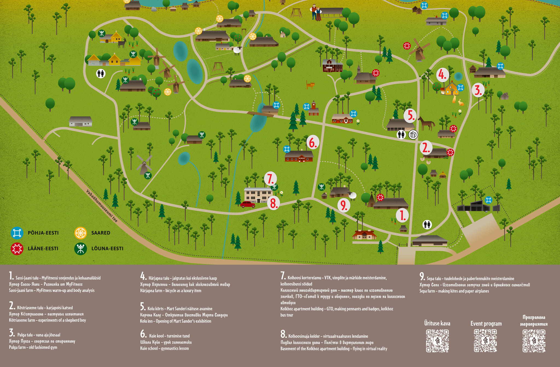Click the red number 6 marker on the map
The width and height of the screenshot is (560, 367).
coord(313,142)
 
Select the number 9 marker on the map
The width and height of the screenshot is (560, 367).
coord(344,205)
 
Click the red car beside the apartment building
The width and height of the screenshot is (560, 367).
coord(248,204)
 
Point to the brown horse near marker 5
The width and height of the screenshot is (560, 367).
coord(426,123)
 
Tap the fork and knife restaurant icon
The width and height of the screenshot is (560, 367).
coord(413,134)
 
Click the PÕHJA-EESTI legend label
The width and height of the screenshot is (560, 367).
coord(43,233)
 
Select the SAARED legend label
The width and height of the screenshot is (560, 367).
coord(101,233)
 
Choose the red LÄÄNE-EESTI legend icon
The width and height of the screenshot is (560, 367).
coord(17,248)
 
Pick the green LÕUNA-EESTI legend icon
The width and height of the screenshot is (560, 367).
coord(81,248)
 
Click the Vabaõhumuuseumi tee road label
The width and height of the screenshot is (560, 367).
coord(102,206)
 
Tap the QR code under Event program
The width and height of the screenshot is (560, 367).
coord(486,341)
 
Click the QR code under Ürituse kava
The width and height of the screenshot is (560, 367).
coord(437,341)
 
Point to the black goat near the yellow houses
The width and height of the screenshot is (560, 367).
coord(123,43)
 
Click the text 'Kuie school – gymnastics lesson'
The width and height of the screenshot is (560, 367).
coord(164,348)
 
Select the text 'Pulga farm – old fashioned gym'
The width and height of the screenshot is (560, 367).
coord(33,347)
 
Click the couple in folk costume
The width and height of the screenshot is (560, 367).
coord(316,13)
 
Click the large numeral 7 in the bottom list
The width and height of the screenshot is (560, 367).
coord(283,276)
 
